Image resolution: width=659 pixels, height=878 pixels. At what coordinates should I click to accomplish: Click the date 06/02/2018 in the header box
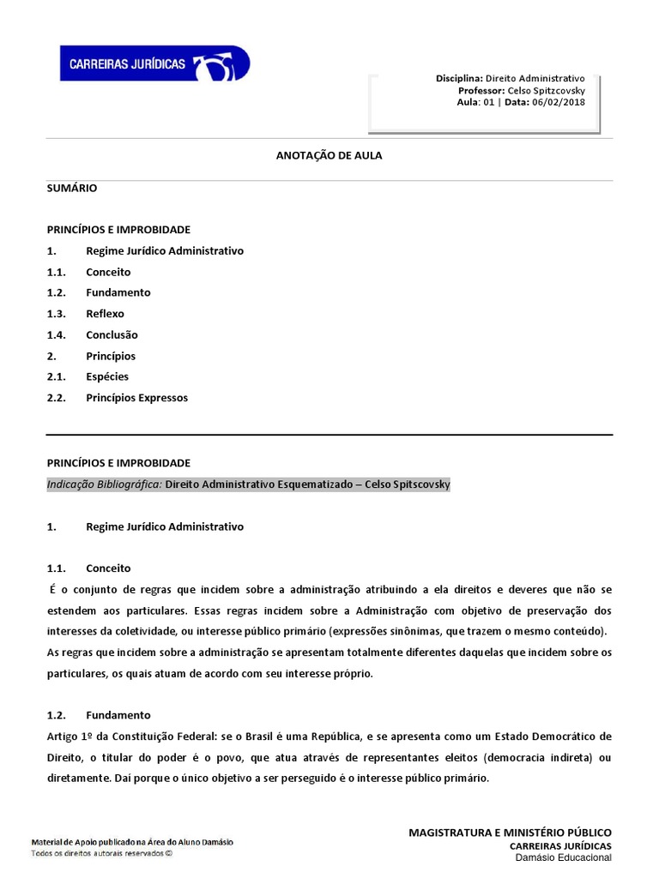pos(558,102)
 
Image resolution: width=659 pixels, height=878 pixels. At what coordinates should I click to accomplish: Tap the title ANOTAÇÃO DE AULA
pos(329,155)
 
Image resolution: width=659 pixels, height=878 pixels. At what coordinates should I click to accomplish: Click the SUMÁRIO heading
pos(72,188)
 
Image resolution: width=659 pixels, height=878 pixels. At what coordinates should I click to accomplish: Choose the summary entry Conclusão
pos(112,334)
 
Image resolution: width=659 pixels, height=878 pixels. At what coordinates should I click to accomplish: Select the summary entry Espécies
pos(107,376)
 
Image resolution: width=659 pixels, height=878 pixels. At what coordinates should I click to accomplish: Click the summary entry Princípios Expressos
pos(136,398)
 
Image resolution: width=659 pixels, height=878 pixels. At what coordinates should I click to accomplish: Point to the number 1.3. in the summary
pos(56,314)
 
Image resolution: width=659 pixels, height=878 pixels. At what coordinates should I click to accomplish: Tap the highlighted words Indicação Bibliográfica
pos(104,484)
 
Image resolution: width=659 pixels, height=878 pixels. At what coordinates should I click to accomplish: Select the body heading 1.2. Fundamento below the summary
pos(118,714)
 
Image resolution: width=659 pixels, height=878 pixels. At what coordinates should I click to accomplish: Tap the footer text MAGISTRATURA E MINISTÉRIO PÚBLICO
pos(510,833)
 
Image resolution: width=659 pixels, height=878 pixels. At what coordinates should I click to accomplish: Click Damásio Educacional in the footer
pos(563,857)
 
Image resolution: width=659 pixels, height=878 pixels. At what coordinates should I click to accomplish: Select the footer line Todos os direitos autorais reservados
pos(101,853)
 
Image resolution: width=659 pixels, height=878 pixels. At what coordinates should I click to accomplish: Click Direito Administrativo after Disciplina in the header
pos(535,78)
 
